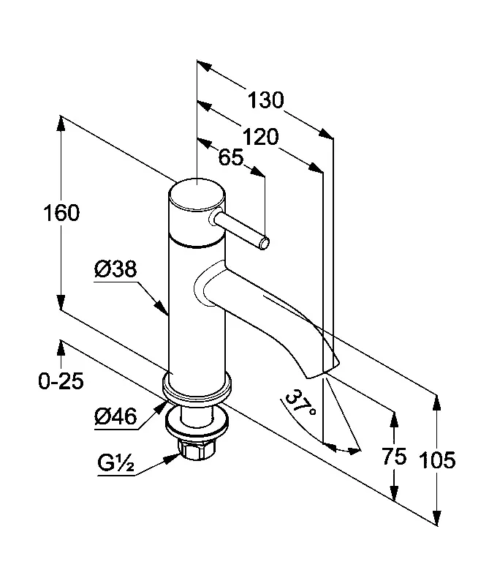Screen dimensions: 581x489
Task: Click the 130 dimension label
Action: tap(265, 100)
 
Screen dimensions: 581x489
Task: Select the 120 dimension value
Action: tap(260, 137)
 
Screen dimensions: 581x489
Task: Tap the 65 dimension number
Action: tap(230, 158)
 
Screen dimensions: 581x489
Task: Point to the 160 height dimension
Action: tap(61, 214)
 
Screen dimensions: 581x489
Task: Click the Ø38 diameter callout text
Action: tap(115, 270)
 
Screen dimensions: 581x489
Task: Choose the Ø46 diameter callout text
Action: tap(115, 416)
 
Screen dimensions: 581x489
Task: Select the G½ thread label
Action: tap(115, 463)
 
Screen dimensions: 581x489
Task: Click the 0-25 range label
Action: tap(62, 381)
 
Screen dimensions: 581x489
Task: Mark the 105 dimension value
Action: tap(438, 460)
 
